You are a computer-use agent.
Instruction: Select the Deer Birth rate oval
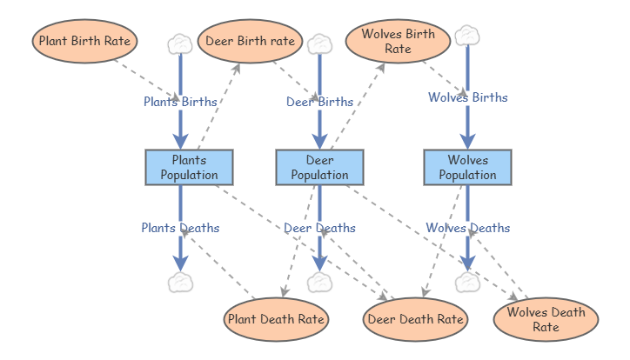click(x=249, y=42)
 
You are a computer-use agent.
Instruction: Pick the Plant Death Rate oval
click(x=276, y=319)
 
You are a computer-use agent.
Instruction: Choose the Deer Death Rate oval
click(x=415, y=319)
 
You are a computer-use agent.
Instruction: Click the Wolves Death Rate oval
click(x=546, y=319)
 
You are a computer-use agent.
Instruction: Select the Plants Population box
click(x=189, y=167)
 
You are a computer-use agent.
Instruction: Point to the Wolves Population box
click(x=467, y=167)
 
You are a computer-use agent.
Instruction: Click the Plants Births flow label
click(x=180, y=101)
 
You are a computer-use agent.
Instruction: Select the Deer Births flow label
click(x=319, y=102)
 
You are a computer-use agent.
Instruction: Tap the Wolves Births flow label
click(x=467, y=97)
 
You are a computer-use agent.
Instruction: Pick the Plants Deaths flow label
click(x=180, y=228)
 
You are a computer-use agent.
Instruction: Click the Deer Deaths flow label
click(x=319, y=228)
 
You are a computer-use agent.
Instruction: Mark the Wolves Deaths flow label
click(x=467, y=228)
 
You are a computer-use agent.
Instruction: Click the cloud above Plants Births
click(x=180, y=43)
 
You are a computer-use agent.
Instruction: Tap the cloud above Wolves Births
click(x=467, y=34)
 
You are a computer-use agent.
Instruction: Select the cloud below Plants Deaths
click(x=180, y=283)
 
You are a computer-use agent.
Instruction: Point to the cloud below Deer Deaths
click(x=319, y=283)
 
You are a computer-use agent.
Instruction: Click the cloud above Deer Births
click(x=319, y=43)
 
